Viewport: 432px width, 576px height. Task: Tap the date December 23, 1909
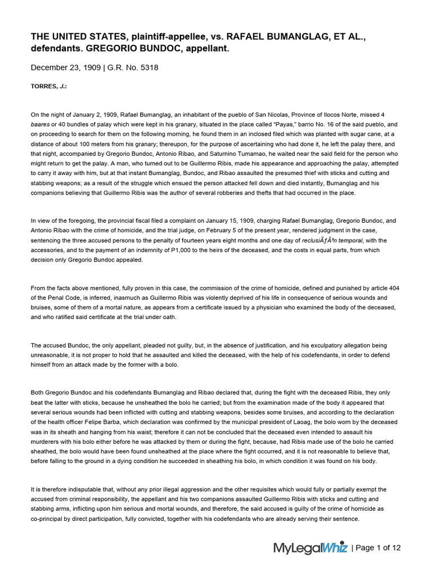click(65, 67)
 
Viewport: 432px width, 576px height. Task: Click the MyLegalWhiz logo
click(310, 548)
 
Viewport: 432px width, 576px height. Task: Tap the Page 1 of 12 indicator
click(379, 548)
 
